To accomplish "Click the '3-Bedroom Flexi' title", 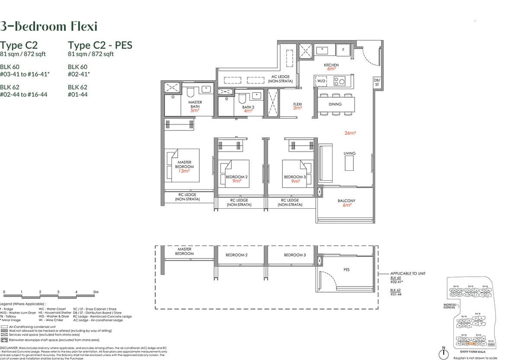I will tap(48, 26).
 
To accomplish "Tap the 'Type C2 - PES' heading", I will tap(100, 45).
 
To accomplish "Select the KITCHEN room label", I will tap(331, 65).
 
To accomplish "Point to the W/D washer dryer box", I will tap(322, 81).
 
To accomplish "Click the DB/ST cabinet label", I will tap(376, 82).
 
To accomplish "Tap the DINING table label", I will tap(335, 104).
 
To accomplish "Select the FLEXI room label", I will tap(297, 104).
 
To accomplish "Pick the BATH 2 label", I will tap(248, 107).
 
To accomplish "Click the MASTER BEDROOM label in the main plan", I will tap(184, 164).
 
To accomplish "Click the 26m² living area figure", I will tap(350, 134).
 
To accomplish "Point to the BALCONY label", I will tap(346, 201).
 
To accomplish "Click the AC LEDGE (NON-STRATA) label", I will tap(280, 79).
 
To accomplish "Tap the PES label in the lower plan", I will tap(346, 270).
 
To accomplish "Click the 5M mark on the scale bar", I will tap(96, 293).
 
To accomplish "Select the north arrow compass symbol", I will tap(444, 353).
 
